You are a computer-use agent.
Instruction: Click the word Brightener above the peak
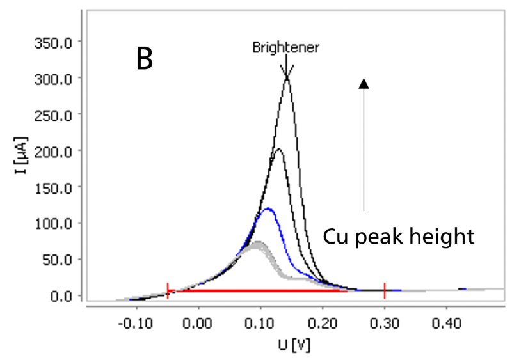pyautogui.click(x=285, y=48)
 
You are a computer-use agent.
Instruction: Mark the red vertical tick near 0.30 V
pyautogui.click(x=385, y=291)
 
